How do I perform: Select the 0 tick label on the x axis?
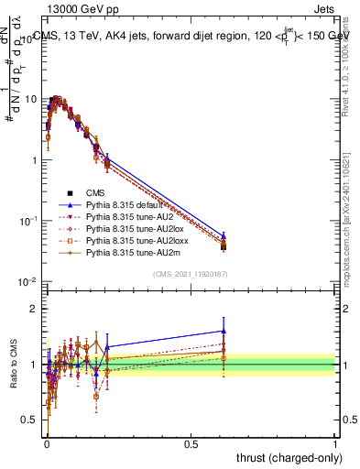pos(47,444)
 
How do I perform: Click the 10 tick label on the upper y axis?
pos(30,99)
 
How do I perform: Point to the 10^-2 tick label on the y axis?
pos(28,281)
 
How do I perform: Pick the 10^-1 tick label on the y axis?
pos(28,221)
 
